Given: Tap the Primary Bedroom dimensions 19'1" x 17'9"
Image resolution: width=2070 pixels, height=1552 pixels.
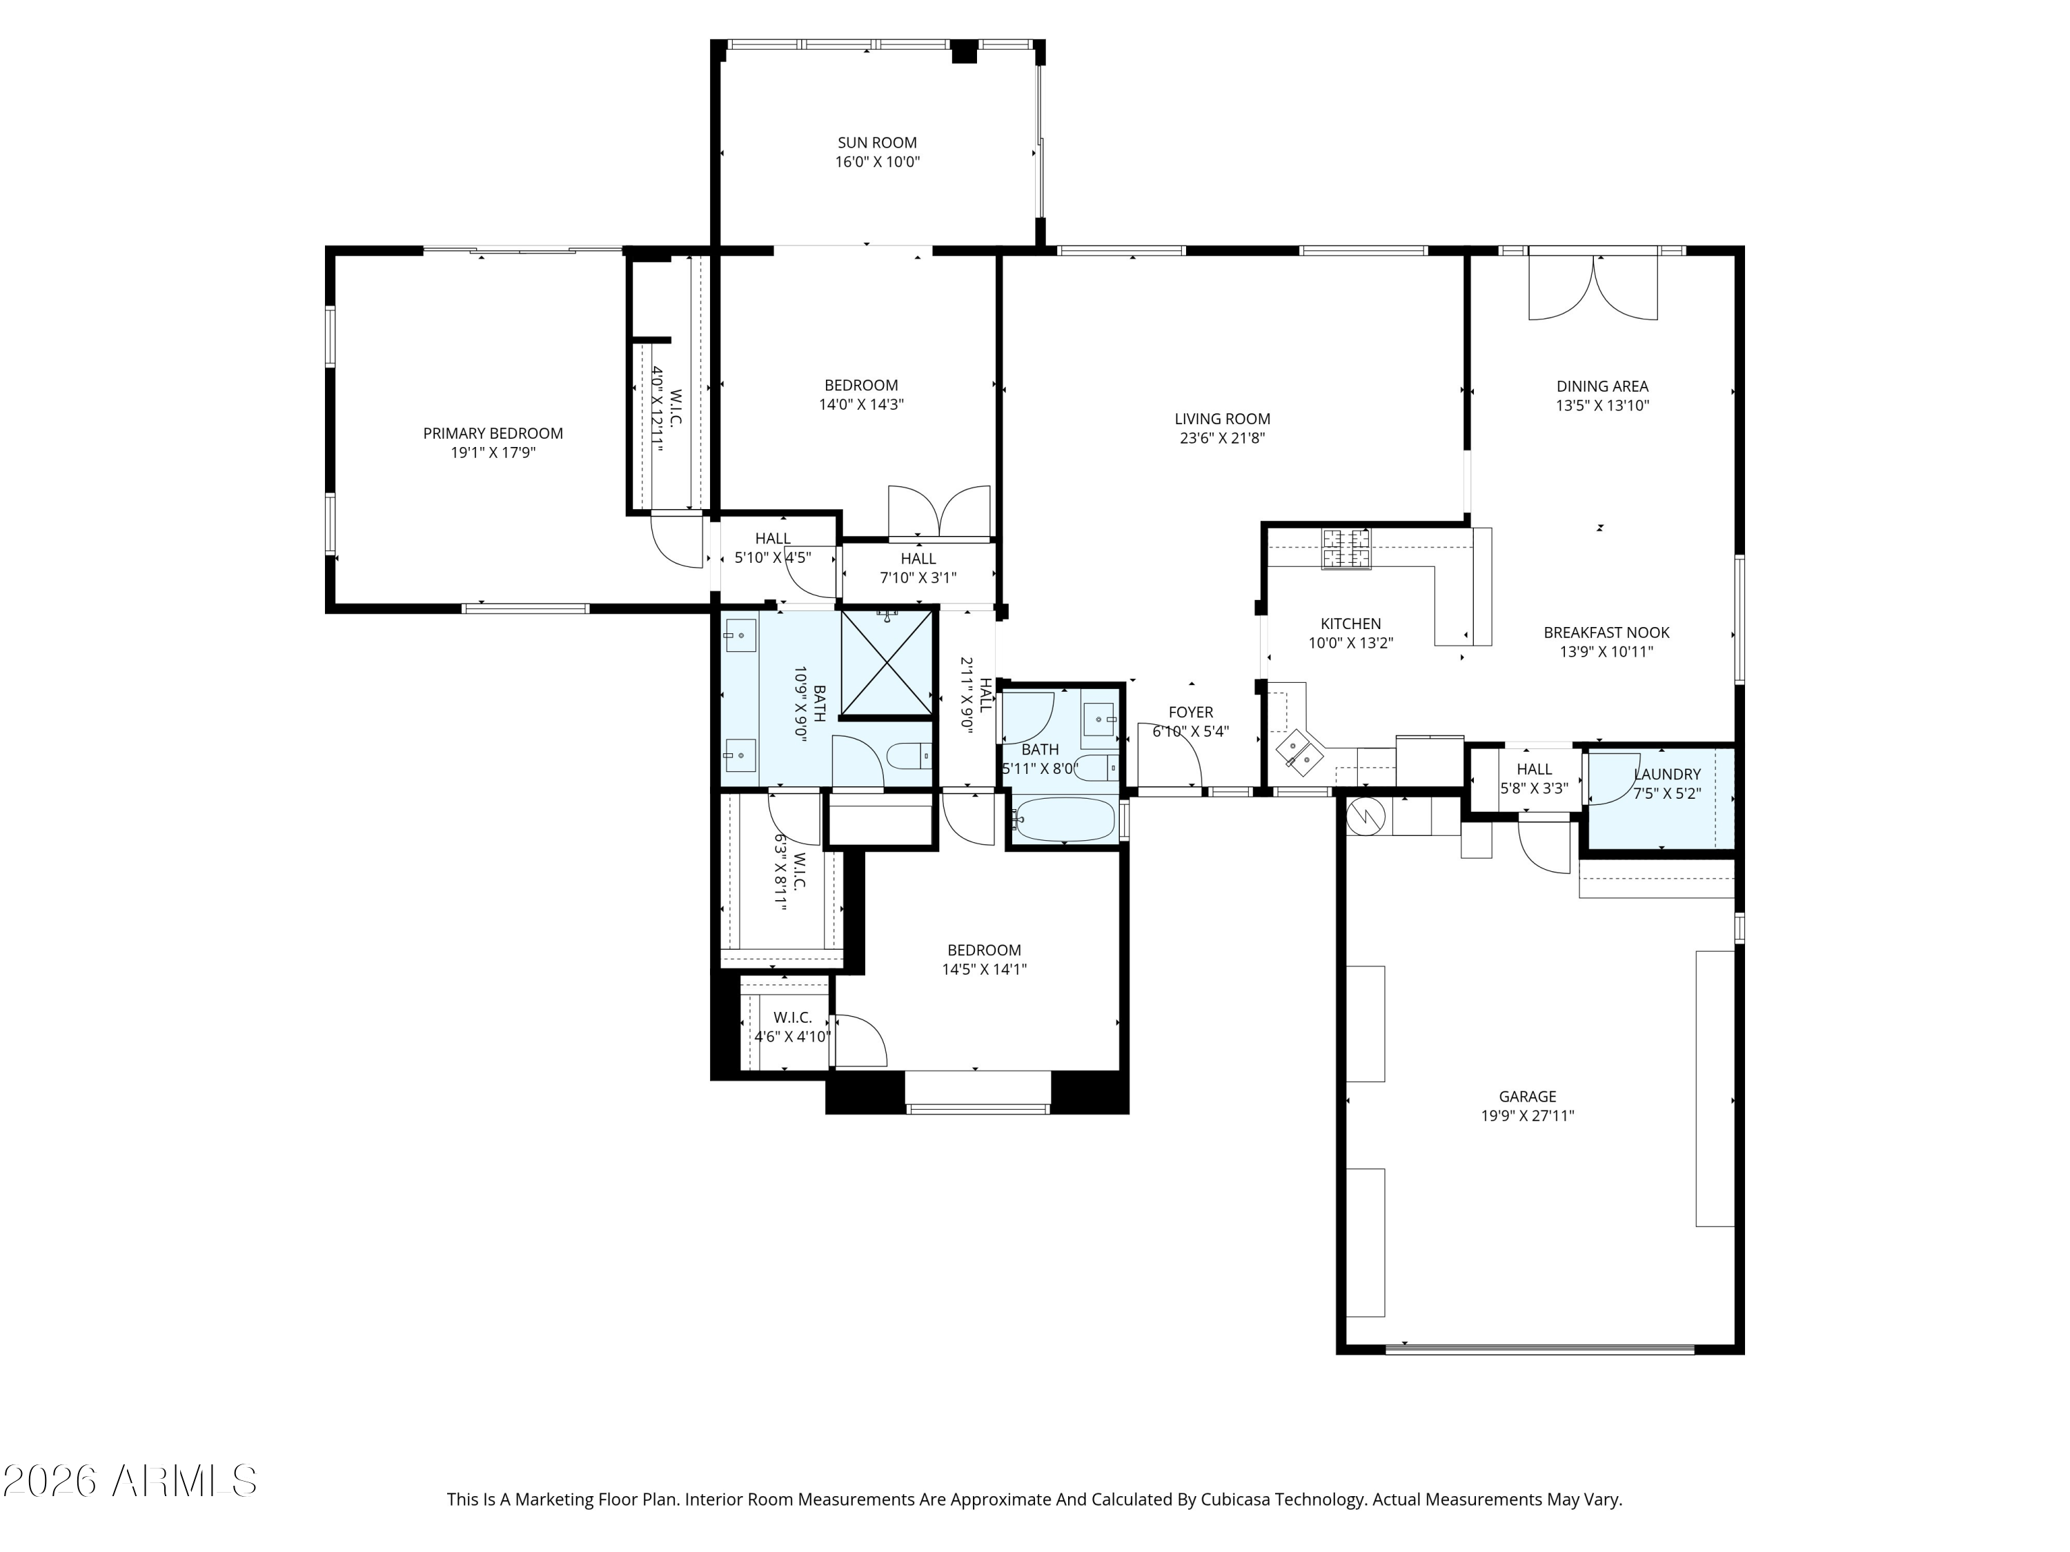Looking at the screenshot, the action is [493, 452].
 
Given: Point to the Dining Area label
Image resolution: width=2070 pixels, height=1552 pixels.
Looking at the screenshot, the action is [1602, 386].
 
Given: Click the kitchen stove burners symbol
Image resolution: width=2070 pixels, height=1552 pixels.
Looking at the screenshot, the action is [1345, 548].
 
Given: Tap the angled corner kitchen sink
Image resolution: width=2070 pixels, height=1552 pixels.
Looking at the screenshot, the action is [1301, 749].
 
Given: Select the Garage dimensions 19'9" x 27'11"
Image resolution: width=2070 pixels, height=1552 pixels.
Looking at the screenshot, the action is [1527, 1116].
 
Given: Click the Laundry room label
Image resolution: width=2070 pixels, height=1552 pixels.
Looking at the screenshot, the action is [1666, 775].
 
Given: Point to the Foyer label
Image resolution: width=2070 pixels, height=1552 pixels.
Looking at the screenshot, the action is [1190, 713].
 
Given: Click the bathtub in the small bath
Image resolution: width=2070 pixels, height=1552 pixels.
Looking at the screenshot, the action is [1065, 819].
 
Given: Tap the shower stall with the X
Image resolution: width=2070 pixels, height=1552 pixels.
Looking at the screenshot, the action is [887, 664].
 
